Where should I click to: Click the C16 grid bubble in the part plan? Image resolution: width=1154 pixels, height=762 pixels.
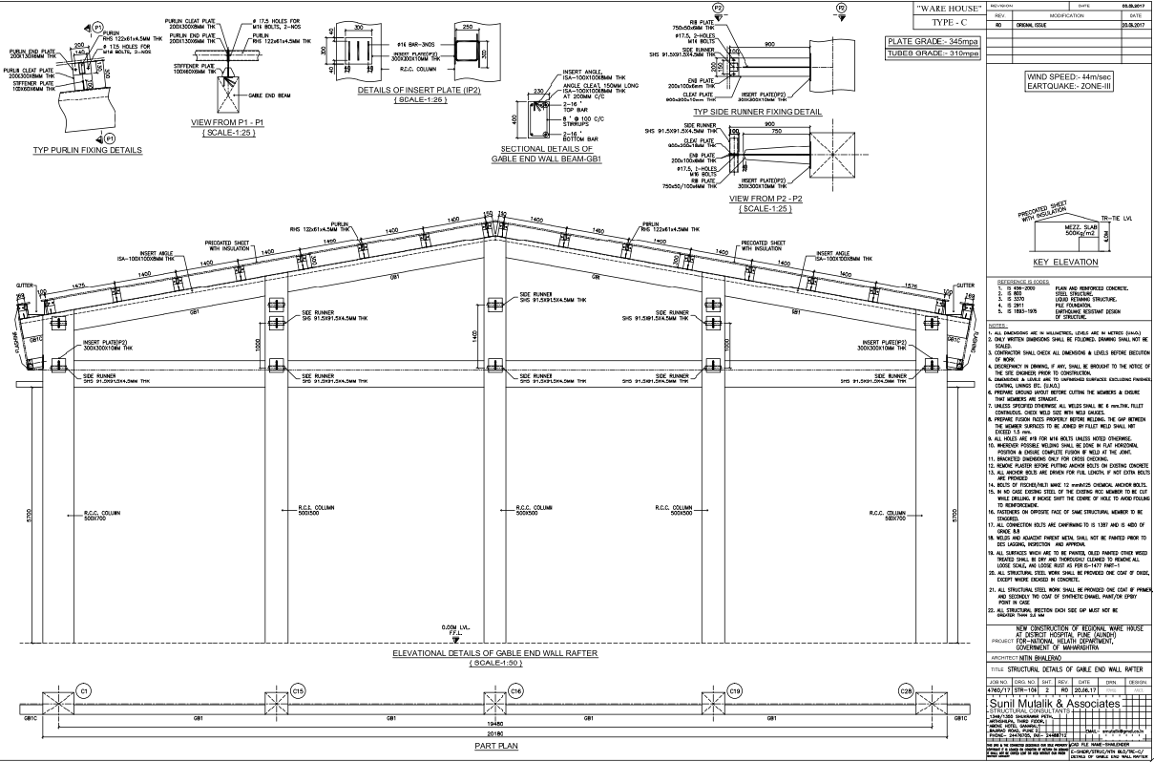(x=515, y=689)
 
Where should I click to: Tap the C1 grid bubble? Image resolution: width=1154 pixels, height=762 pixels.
(x=83, y=689)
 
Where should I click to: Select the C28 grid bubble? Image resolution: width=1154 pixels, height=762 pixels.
(x=906, y=689)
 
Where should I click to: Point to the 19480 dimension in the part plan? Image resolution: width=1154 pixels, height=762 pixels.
(x=490, y=723)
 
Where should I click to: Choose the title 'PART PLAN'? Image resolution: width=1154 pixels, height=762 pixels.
(x=489, y=745)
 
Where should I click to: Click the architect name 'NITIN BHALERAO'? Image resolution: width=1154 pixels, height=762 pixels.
(x=1039, y=658)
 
